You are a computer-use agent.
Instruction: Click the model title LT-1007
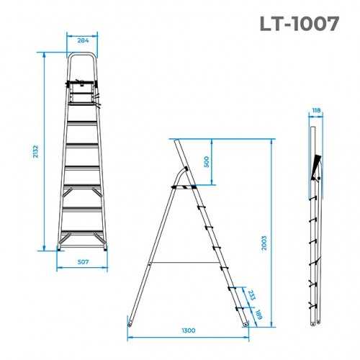pos(299,24)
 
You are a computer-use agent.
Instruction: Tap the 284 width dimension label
pos(83,40)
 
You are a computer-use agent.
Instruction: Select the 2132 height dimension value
pos(34,152)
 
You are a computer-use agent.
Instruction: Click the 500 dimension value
pos(207,161)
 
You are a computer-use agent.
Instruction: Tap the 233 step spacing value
pos(250,295)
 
